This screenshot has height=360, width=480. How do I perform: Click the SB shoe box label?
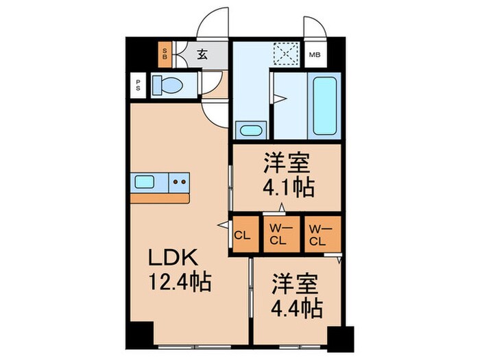click(165, 53)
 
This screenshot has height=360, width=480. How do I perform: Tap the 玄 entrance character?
click(204, 54)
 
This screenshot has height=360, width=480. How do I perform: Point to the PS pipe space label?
click(138, 86)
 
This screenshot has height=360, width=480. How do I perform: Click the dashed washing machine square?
click(284, 53)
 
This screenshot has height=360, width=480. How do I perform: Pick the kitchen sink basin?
click(145, 182)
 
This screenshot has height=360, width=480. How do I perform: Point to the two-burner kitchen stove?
click(180, 182)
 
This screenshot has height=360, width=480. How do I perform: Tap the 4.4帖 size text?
click(296, 308)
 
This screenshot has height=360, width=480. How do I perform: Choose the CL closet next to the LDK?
click(243, 236)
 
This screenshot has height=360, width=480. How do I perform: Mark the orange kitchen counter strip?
click(160, 197)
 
